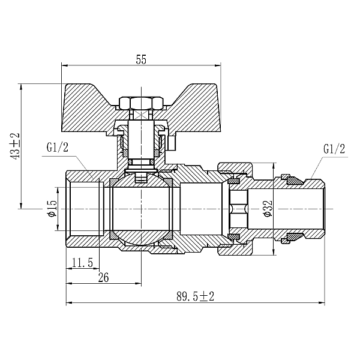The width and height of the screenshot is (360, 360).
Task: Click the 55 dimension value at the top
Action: pos(141,59)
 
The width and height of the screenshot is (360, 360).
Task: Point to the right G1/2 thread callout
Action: pos(334,148)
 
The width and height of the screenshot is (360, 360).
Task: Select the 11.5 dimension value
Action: pos(81,262)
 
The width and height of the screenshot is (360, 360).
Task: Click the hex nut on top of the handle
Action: pos(139,103)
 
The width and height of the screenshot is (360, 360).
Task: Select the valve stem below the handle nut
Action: pos(140,141)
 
